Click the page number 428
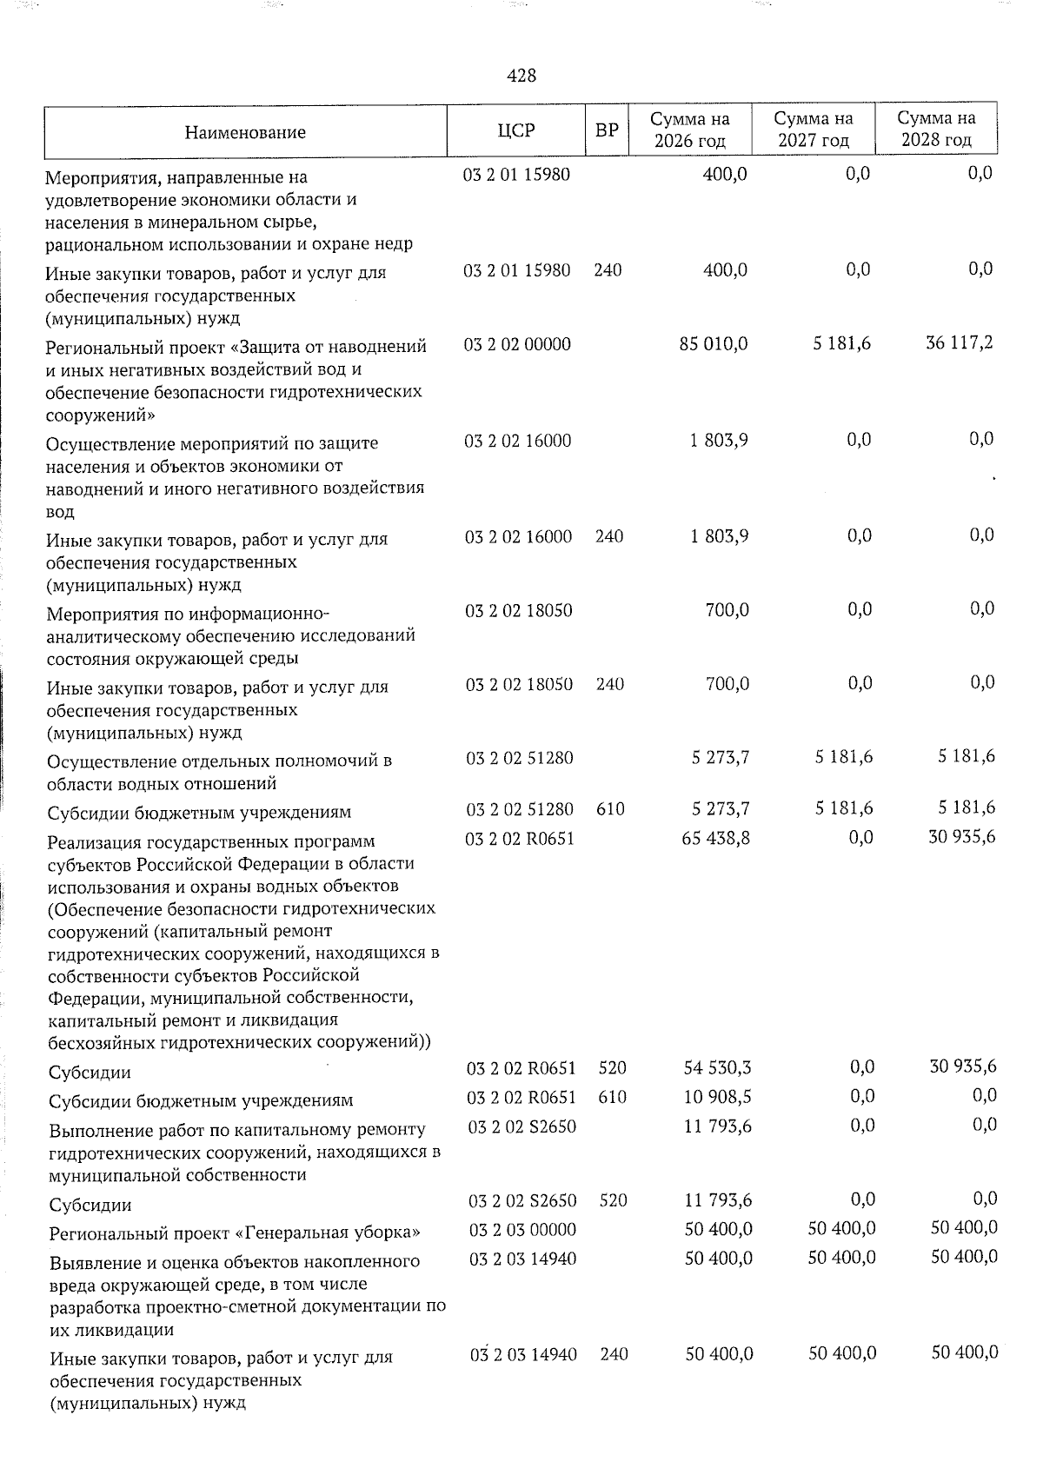[x=521, y=76]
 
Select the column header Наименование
[x=245, y=132]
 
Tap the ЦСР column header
[x=516, y=130]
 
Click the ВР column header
[x=607, y=130]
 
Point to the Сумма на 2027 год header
[x=813, y=129]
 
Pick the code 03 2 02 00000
[x=517, y=345]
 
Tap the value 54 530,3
[x=717, y=1068]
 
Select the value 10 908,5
[x=717, y=1097]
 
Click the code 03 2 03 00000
[x=522, y=1229]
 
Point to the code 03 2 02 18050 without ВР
[x=519, y=610]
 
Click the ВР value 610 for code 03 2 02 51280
[x=610, y=809]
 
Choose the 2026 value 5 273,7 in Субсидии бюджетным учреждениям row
[x=721, y=809]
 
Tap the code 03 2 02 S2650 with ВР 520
[x=522, y=1201]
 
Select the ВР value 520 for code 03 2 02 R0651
[x=613, y=1068]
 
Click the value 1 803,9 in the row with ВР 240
[x=720, y=536]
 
